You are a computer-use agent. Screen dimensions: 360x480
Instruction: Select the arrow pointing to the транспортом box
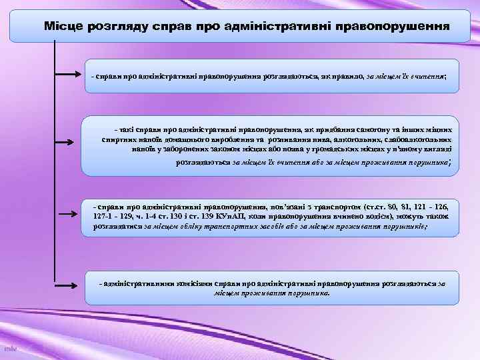[x=69, y=215]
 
